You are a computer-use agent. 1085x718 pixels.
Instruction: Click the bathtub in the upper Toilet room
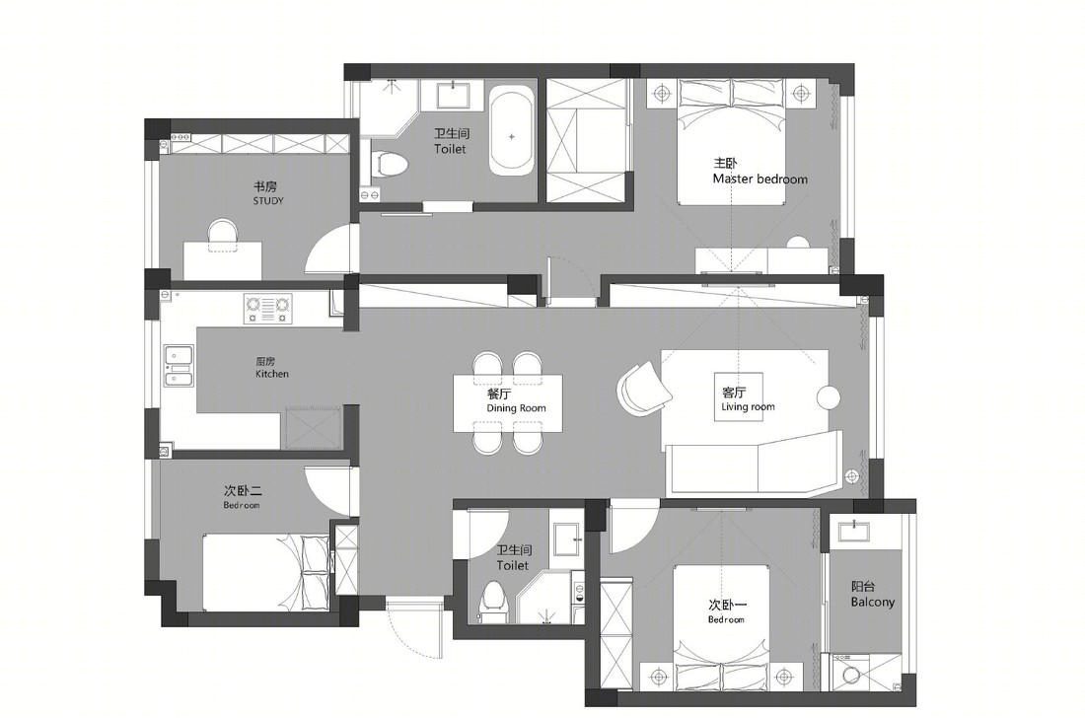point(511,131)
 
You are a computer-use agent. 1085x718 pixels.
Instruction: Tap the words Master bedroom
point(759,179)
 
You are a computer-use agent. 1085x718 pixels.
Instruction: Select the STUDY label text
point(267,201)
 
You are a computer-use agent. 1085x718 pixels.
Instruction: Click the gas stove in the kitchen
point(267,308)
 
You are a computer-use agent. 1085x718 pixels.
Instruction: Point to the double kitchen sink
point(178,365)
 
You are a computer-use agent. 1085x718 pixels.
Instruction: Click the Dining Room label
point(516,408)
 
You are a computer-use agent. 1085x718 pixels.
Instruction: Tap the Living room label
point(748,406)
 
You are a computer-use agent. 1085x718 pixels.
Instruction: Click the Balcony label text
point(873,603)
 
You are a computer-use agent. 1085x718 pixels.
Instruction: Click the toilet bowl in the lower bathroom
point(492,599)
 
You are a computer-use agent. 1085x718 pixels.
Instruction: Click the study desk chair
point(223,236)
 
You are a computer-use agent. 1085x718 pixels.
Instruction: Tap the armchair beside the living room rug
point(643,390)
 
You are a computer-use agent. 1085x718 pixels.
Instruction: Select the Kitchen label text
point(272,374)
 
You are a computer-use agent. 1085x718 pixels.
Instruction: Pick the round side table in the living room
point(829,397)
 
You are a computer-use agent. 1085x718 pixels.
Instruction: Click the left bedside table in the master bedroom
point(662,93)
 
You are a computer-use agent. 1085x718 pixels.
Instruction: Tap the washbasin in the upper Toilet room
point(454,95)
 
